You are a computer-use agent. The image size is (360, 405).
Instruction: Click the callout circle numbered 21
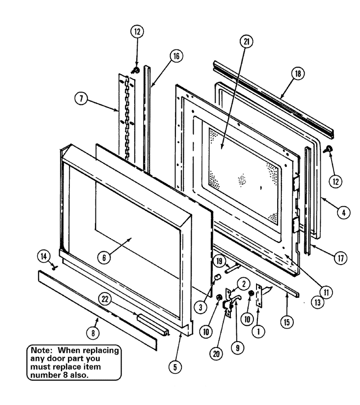coord(246,41)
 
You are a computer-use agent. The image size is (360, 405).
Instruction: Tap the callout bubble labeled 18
coord(298,74)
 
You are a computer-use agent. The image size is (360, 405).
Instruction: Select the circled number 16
coord(176,56)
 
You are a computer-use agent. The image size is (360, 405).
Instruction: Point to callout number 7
coord(81,99)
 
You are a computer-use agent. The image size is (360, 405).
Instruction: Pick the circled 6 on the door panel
coord(104,257)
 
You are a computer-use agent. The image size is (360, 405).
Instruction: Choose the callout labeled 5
coord(175,367)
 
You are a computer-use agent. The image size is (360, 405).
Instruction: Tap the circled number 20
coord(216,353)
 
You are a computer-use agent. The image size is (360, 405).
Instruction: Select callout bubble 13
coord(317,302)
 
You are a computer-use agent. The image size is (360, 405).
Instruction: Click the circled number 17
coord(341,258)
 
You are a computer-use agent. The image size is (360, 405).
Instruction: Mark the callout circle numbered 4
coord(343,212)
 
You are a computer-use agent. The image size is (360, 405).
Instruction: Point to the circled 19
coord(219,261)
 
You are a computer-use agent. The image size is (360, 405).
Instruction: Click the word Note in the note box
coord(40,350)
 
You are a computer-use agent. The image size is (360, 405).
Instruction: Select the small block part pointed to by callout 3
coord(218,277)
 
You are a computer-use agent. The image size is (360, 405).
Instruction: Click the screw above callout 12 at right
coord(328,149)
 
